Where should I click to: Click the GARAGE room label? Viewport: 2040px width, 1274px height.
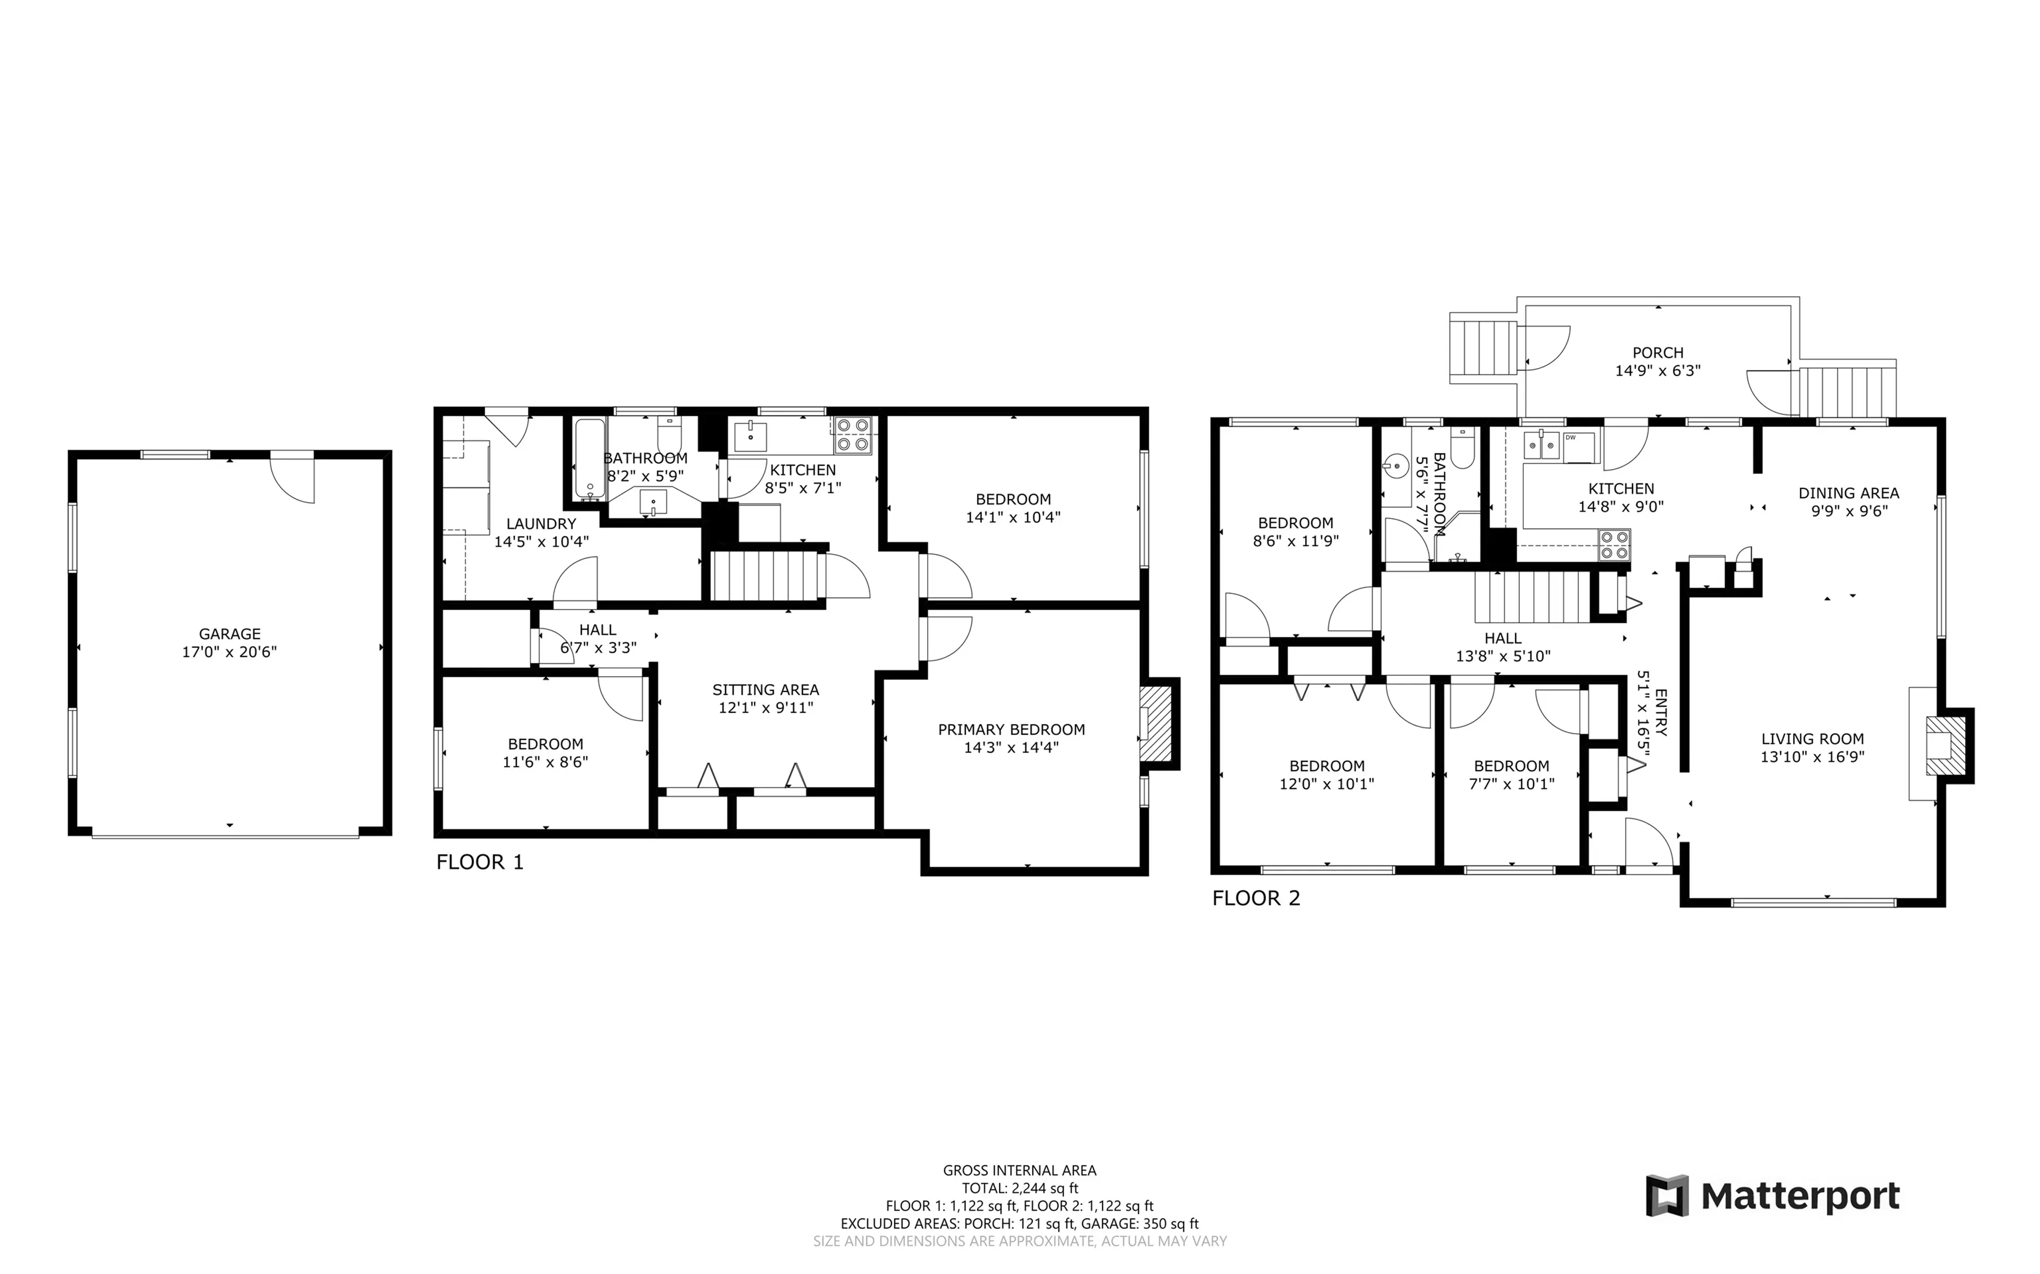[x=229, y=634]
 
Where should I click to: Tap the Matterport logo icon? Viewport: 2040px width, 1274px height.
[x=1667, y=1196]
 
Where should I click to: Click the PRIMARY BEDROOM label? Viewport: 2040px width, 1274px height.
[x=1011, y=729]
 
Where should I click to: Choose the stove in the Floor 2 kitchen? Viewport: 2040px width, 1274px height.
[x=1614, y=545]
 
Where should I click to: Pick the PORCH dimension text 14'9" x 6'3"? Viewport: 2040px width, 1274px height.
[x=1657, y=371]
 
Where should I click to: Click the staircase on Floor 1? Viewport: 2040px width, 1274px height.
[x=765, y=575]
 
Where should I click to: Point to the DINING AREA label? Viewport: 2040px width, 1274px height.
[x=1848, y=494]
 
